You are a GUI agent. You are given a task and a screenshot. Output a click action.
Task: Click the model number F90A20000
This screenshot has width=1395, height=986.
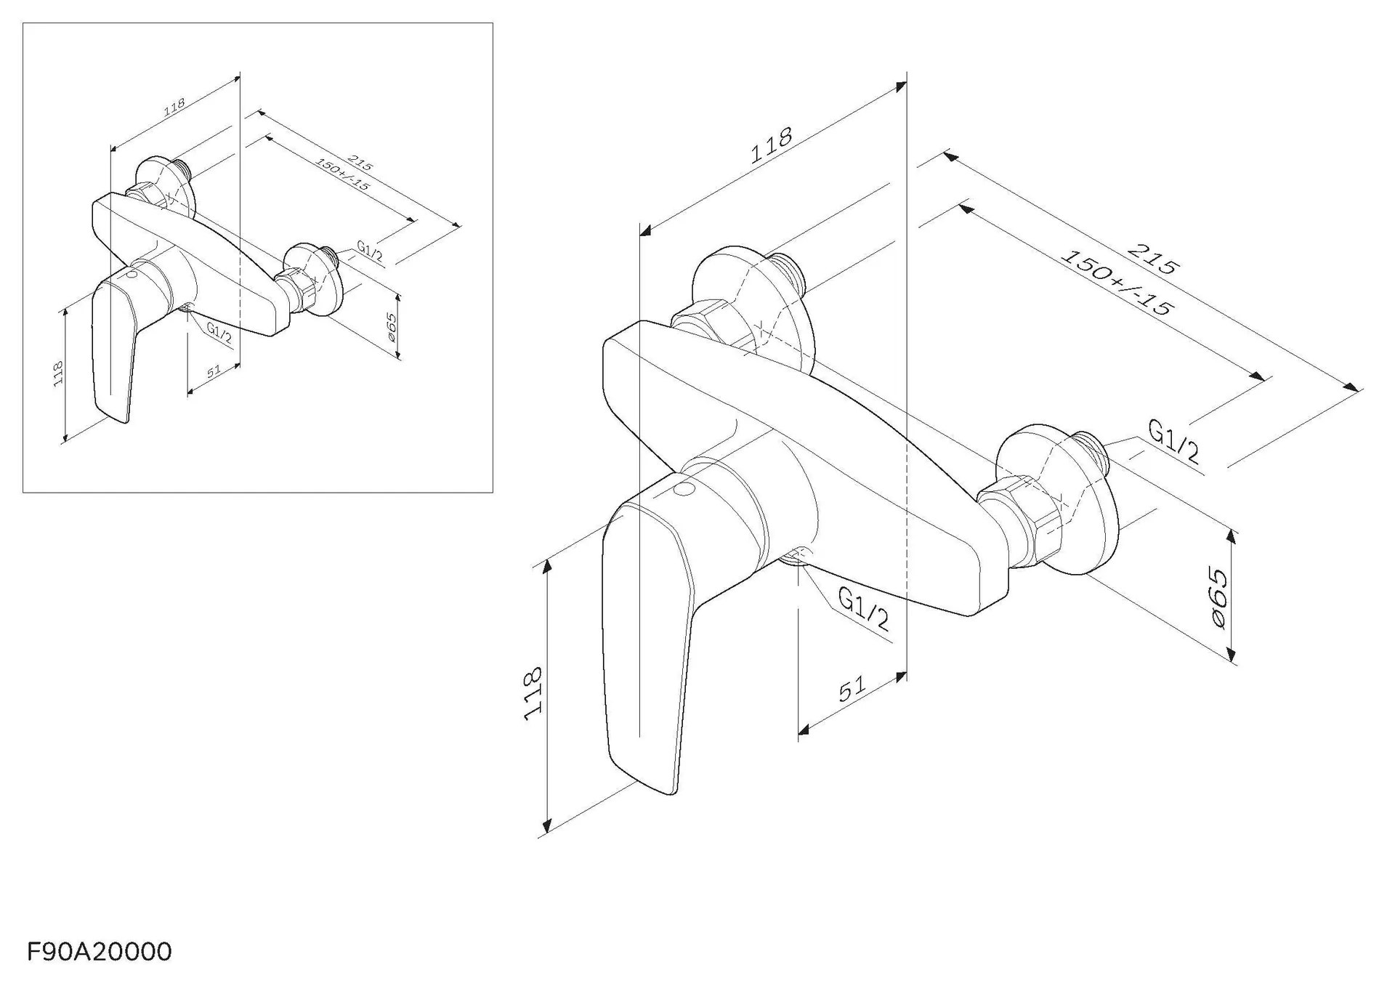click(100, 951)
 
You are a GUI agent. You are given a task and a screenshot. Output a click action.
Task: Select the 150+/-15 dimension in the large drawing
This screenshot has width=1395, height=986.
click(1117, 283)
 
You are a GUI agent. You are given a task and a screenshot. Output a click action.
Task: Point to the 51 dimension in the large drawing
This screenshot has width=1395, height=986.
click(852, 689)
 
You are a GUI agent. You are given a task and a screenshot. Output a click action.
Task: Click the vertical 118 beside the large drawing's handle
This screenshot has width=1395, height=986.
click(533, 693)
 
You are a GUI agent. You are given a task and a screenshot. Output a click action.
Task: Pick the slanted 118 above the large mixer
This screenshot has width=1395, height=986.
click(771, 145)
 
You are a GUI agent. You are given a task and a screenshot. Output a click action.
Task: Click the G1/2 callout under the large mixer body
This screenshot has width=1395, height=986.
click(863, 608)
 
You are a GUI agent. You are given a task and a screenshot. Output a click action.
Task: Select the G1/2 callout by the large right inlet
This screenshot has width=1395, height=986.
click(1173, 441)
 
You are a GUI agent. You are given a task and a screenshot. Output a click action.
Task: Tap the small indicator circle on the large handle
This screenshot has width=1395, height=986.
click(684, 488)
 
